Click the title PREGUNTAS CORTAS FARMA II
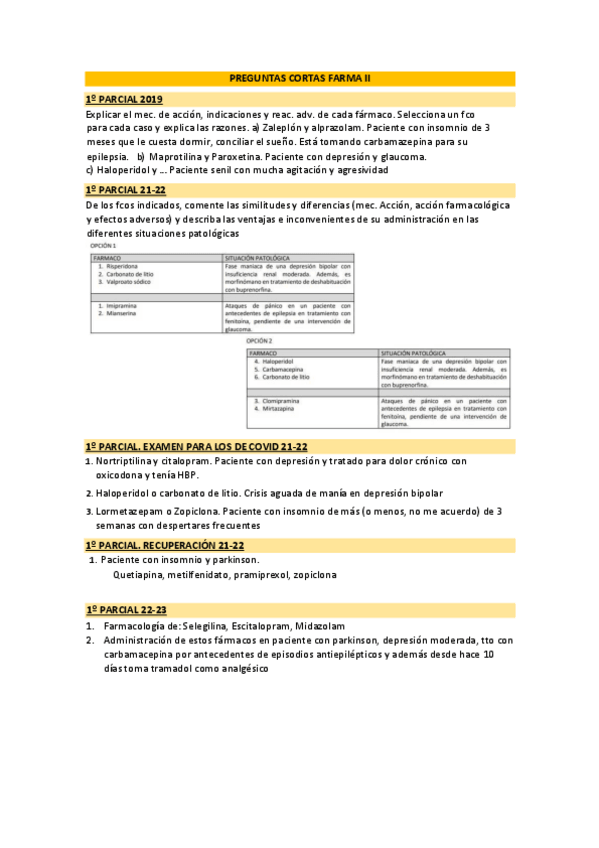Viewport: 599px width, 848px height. tap(299, 78)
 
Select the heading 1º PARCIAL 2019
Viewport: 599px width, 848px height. tap(124, 99)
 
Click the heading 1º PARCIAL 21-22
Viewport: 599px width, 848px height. tap(126, 189)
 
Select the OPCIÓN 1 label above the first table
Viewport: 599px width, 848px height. tap(104, 245)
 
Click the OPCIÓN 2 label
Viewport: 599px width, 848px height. tap(260, 342)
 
